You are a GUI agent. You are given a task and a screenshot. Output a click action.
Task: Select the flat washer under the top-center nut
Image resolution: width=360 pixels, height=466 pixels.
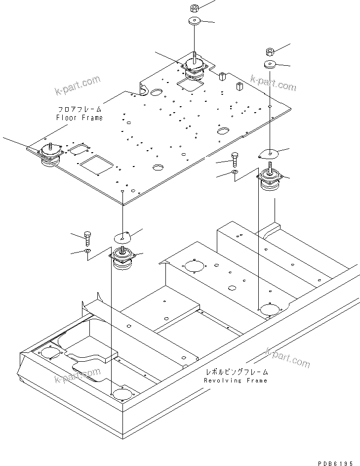coord(194,22)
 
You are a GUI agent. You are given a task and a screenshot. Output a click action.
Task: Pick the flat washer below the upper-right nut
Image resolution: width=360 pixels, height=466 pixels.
coord(270,64)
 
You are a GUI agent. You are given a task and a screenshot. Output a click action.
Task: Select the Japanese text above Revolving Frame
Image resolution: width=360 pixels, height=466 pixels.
coord(237,371)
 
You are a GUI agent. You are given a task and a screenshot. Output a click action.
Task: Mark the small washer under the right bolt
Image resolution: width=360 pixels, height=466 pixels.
coord(235,172)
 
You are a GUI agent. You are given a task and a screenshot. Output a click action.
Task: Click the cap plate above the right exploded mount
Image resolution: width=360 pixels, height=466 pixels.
coord(269,154)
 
